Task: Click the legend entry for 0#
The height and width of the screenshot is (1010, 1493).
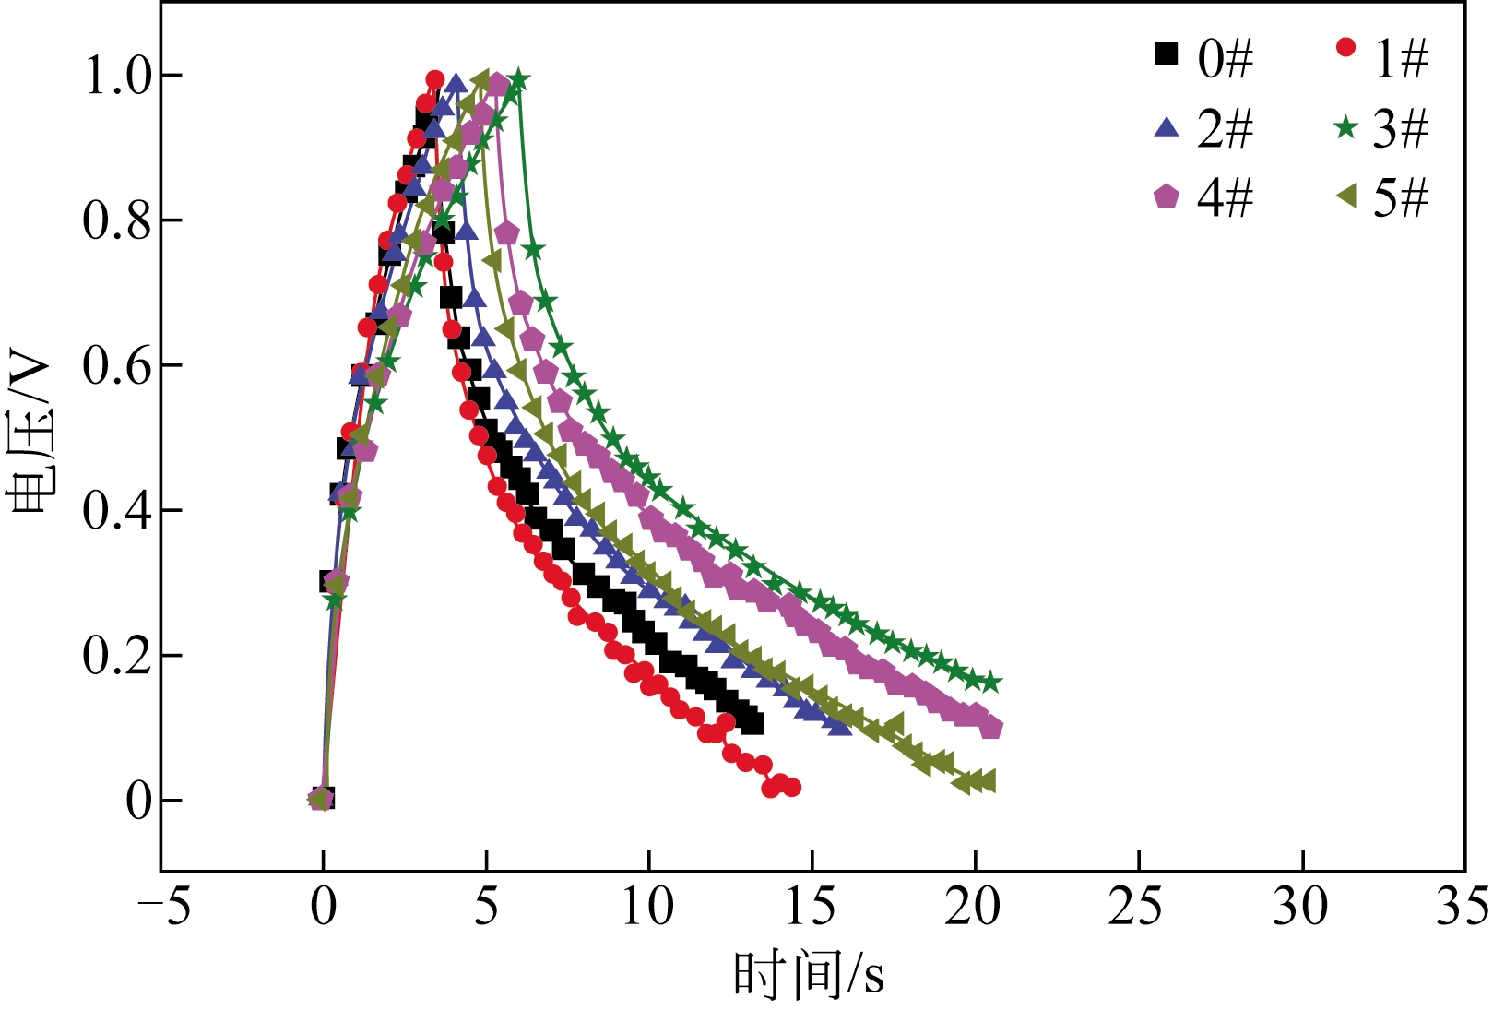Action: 1203,57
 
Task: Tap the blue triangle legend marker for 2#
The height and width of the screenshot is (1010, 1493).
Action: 1167,127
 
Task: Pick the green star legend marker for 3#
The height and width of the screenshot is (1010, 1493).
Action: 1346,126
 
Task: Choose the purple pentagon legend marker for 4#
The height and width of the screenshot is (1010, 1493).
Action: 1167,196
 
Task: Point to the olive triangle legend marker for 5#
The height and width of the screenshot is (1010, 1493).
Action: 1346,196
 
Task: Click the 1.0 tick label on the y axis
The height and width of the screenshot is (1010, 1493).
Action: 117,76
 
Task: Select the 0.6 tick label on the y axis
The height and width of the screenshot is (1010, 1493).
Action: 117,366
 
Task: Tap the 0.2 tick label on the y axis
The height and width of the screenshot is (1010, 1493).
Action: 117,656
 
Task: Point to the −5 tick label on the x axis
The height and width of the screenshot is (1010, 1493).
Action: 164,907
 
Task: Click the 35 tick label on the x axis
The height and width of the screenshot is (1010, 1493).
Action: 1463,907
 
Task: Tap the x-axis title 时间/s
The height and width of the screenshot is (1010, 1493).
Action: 809,974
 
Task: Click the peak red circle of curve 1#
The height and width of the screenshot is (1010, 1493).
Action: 435,79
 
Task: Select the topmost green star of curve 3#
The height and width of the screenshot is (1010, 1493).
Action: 519,79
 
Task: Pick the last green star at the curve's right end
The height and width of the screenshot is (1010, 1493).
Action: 991,683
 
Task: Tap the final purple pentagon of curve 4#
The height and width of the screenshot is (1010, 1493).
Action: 991,728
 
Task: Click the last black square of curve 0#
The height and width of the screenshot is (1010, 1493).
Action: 753,724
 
